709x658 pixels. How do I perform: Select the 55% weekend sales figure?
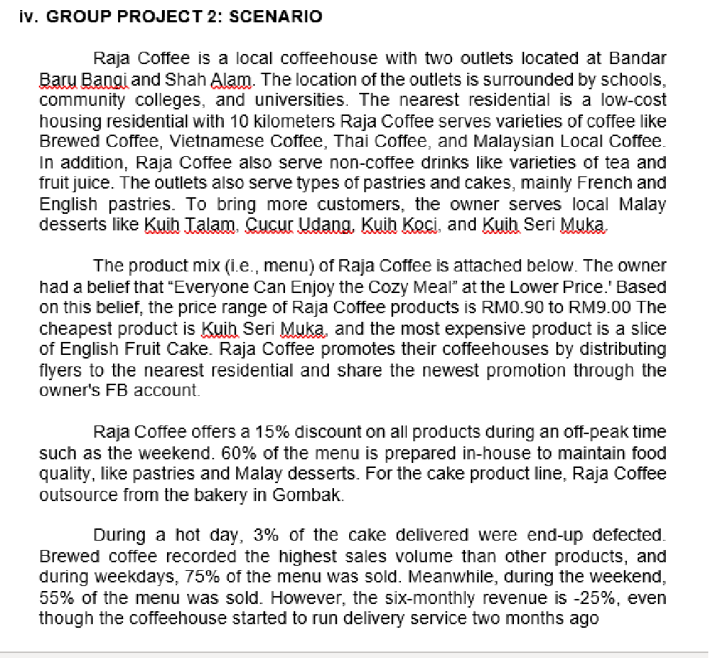(55, 598)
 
